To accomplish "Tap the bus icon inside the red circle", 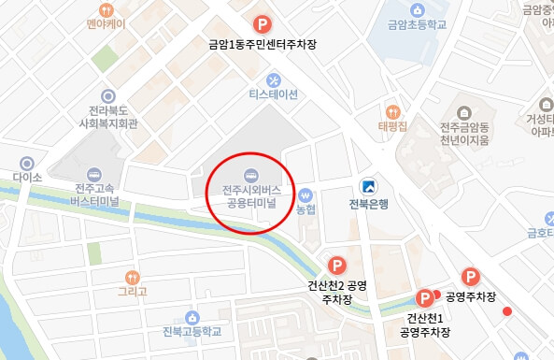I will (x=250, y=175).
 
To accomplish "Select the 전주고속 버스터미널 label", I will (x=93, y=194).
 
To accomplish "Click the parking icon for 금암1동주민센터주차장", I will (x=264, y=23).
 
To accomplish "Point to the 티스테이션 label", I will (x=272, y=95).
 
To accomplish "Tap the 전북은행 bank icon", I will (x=371, y=184).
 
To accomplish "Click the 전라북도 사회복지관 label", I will (x=109, y=116).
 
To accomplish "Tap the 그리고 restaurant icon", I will (x=132, y=276).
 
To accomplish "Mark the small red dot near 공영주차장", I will (x=507, y=310).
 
